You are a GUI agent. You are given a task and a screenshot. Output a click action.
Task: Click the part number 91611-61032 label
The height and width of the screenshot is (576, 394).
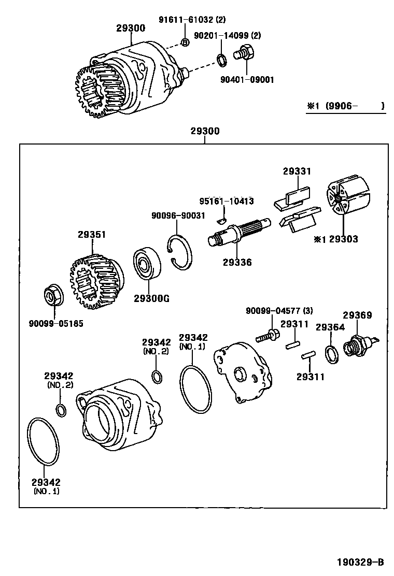[192, 20]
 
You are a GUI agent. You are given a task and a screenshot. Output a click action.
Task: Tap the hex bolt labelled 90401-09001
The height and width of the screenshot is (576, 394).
[244, 53]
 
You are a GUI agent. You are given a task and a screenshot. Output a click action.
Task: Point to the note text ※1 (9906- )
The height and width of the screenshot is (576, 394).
[345, 106]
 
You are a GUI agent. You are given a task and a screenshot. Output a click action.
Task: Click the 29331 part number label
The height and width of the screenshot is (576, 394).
[297, 171]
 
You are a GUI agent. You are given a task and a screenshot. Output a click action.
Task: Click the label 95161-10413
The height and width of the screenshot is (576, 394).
[227, 201]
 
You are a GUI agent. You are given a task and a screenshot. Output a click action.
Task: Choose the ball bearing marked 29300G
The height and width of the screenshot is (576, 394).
[147, 265]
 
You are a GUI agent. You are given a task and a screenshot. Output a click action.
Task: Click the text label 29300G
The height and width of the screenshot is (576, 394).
[151, 298]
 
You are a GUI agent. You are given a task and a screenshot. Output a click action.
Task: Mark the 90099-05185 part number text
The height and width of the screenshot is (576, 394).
[55, 324]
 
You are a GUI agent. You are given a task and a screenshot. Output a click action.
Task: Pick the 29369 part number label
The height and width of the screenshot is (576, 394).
[357, 315]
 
